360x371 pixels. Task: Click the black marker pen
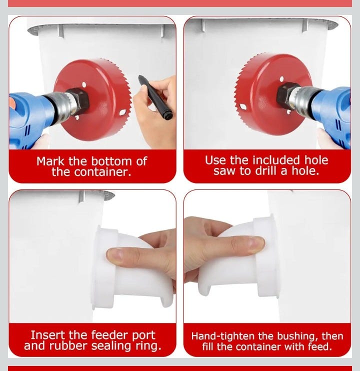pyautogui.click(x=155, y=97)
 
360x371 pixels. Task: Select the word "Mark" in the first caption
pyautogui.click(x=50, y=161)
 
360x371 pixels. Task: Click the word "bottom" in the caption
pyautogui.click(x=111, y=161)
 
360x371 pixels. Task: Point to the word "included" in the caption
pyautogui.click(x=276, y=160)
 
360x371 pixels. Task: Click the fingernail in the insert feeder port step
pyautogui.click(x=115, y=255)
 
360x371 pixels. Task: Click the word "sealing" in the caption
pyautogui.click(x=111, y=345)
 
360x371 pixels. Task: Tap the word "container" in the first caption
pyautogui.click(x=102, y=172)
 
